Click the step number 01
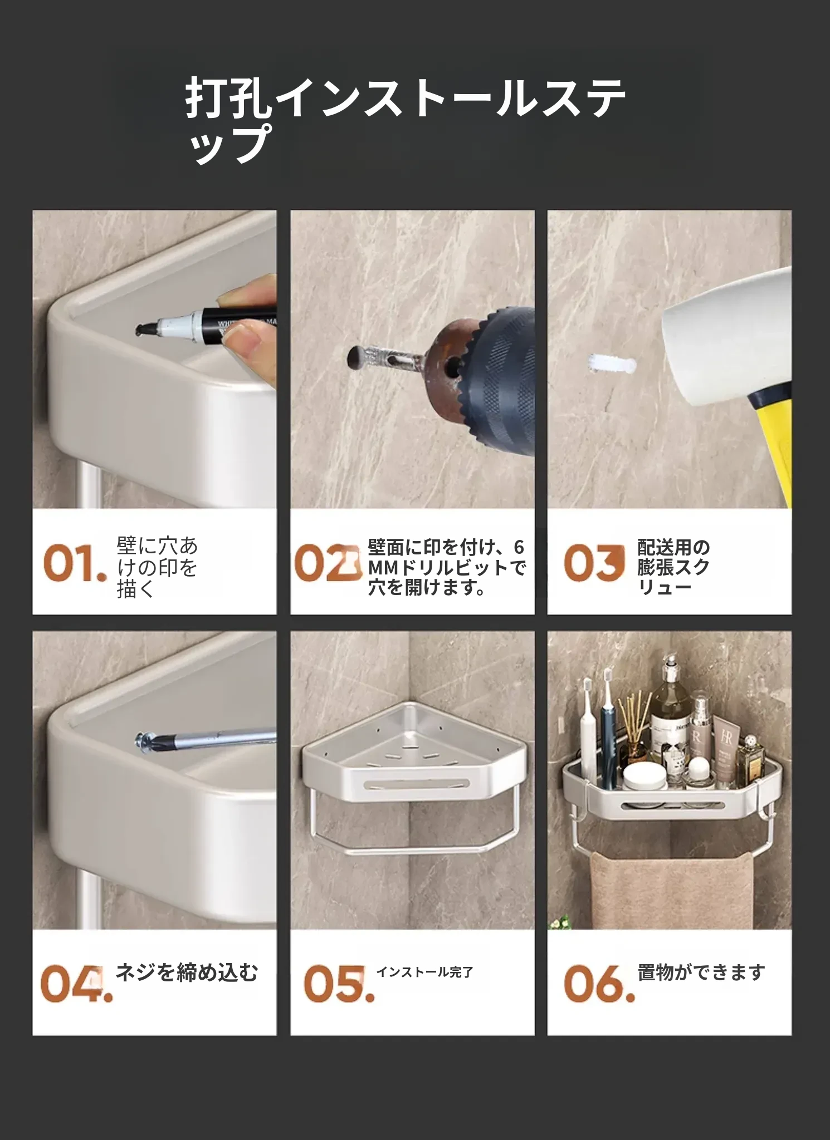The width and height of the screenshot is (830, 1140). point(75,563)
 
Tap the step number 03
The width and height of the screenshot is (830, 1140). point(594,563)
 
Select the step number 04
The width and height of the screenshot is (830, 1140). point(76,984)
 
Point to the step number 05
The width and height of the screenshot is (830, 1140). point(339,984)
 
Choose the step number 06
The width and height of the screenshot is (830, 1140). point(599,984)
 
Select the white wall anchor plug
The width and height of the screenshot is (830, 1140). point(611,364)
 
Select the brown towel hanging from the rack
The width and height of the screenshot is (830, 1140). point(672,890)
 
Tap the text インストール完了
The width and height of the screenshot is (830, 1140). point(424,972)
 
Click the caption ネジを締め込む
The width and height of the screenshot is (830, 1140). point(187,973)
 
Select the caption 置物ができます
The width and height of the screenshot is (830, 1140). point(701,973)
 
